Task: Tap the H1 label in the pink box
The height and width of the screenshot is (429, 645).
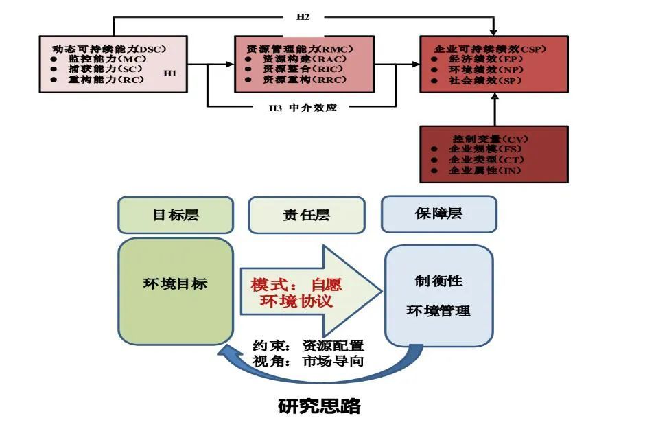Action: click(170, 72)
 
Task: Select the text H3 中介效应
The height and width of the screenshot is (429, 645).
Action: click(303, 108)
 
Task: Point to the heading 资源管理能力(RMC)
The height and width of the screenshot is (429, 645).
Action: click(299, 49)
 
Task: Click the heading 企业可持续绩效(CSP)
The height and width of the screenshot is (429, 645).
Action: click(489, 49)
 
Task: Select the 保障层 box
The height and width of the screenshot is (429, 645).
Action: click(438, 213)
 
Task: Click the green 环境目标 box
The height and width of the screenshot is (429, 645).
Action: click(176, 290)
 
